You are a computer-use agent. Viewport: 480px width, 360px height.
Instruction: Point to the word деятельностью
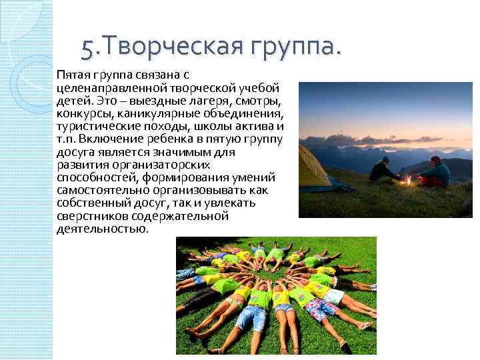pos(102,229)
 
